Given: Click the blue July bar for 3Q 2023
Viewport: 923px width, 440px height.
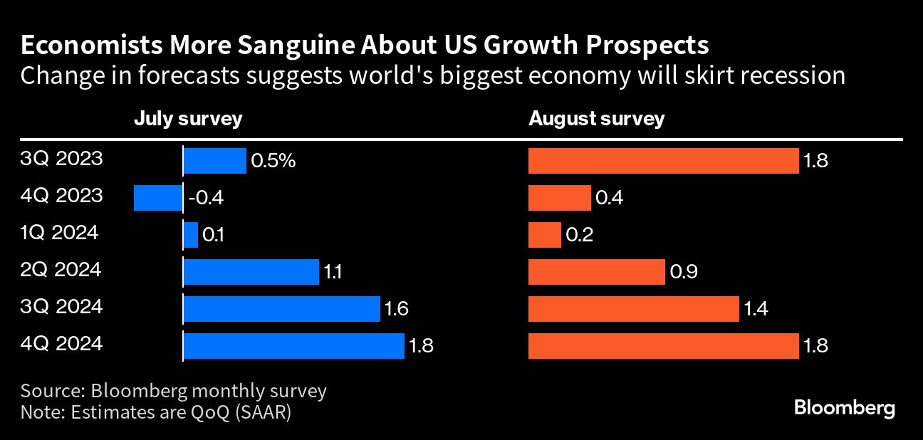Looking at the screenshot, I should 215,161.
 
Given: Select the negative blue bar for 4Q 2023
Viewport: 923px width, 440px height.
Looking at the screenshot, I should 158,197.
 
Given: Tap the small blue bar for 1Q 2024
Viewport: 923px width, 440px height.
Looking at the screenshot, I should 191,235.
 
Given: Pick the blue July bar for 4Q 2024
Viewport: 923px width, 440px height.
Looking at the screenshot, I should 294,346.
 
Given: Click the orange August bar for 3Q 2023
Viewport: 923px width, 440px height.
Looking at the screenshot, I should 663,161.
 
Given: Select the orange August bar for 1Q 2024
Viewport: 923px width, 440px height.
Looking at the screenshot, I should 545,235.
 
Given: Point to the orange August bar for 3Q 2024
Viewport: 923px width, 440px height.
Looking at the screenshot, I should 633,309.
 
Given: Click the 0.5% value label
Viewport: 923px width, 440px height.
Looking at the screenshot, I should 273,162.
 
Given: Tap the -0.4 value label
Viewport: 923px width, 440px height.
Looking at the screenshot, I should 206,198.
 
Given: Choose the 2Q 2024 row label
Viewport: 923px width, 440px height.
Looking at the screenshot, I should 61,271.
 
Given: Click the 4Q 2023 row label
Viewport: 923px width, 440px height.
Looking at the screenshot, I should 62,196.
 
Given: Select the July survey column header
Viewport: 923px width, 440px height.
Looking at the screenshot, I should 188,118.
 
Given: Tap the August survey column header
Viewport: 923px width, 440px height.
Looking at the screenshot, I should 596,118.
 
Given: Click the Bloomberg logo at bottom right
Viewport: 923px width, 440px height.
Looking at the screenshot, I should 844,409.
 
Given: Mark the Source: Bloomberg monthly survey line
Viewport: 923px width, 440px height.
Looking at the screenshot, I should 174,391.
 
